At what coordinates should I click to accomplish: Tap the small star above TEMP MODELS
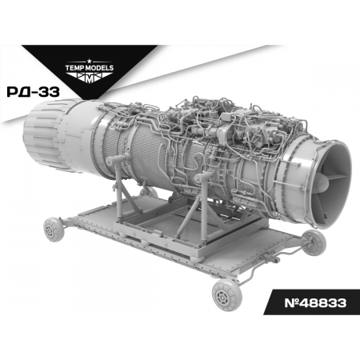90,62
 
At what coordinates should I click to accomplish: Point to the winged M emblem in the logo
90,78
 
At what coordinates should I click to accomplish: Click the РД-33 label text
34,92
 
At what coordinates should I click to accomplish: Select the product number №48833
315,303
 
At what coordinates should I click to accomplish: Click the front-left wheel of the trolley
54,230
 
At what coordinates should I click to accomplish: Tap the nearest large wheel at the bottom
227,295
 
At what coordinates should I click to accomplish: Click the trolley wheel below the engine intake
314,242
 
